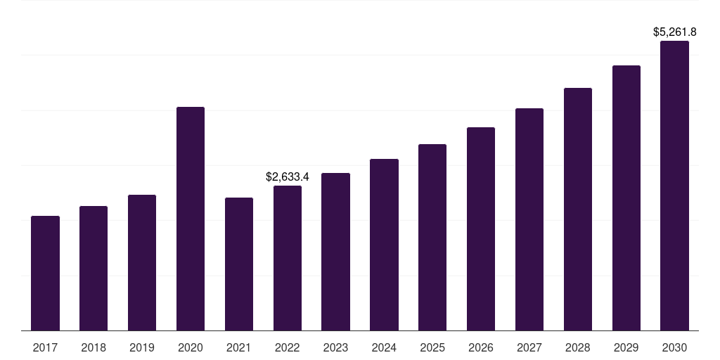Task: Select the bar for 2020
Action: (x=191, y=219)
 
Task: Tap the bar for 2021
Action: (x=239, y=264)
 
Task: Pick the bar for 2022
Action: (x=288, y=258)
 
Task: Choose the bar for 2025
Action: (x=432, y=237)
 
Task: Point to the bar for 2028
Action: (x=578, y=209)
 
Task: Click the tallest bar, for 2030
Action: (x=674, y=186)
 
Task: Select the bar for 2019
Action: (x=142, y=262)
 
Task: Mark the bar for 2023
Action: (x=335, y=252)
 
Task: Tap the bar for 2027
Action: (x=529, y=219)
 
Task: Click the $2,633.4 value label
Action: (x=288, y=177)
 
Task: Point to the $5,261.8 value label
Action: (x=674, y=32)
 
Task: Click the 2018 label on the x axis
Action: (x=94, y=347)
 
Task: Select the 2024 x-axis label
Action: (x=384, y=347)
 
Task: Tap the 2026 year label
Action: (x=481, y=347)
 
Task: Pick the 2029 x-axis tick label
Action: (x=626, y=347)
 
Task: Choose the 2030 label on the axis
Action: (x=674, y=347)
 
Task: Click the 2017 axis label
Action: (x=45, y=347)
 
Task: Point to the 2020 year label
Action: (x=191, y=347)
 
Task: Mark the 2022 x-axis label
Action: (x=288, y=347)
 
